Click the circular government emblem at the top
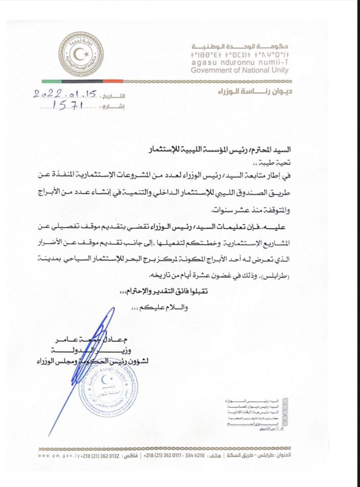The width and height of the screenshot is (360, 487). click(x=81, y=54)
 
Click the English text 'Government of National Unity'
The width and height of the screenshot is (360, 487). click(x=240, y=71)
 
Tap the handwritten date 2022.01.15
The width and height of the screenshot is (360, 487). click(x=65, y=94)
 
